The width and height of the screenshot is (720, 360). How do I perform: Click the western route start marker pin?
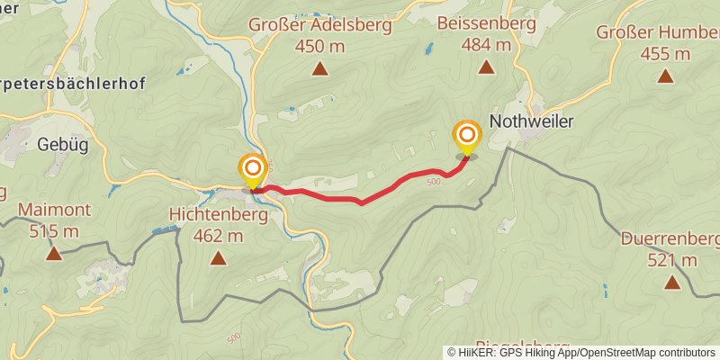[253, 169]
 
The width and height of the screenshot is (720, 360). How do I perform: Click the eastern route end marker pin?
[467, 137]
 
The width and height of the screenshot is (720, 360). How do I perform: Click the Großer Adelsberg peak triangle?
[319, 68]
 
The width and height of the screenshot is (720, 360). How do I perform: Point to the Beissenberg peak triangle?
[486, 67]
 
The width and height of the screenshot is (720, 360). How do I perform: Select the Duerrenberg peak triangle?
[671, 283]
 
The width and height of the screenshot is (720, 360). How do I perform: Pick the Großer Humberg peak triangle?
[665, 76]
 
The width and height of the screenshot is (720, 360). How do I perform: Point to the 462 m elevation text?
[218, 236]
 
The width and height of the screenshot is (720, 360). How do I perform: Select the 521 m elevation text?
[671, 260]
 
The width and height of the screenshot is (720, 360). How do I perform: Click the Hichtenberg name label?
[218, 216]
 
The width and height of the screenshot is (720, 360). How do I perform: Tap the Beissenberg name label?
[486, 24]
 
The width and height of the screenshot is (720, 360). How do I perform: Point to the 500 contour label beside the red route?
[434, 183]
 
